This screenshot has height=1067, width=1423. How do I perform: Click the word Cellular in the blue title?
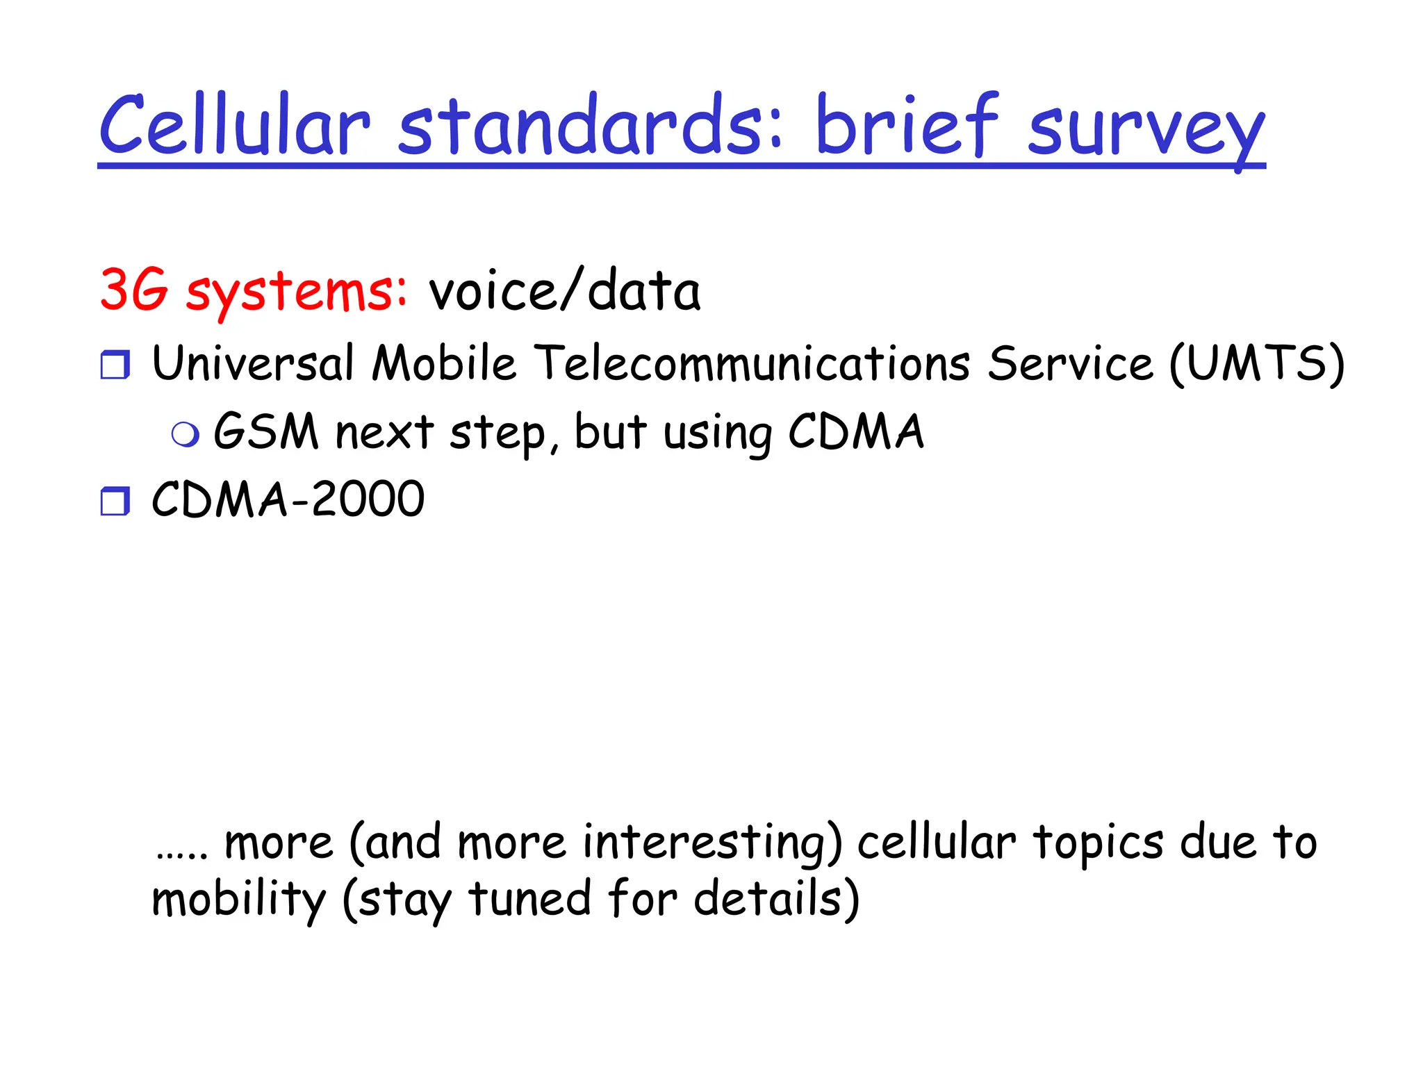point(235,125)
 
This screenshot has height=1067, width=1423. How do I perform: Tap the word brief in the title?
point(907,125)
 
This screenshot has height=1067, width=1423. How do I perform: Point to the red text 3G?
point(134,290)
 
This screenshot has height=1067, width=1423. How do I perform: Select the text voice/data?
point(564,290)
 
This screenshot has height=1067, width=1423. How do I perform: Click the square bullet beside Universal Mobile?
point(115,365)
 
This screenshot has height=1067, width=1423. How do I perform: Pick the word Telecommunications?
point(755,363)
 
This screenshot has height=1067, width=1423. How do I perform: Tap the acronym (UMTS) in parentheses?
point(1257,363)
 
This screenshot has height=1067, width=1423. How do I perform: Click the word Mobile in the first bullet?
point(444,363)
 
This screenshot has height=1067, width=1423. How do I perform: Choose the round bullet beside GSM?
point(186,434)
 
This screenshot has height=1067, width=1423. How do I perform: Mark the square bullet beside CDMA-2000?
point(115,501)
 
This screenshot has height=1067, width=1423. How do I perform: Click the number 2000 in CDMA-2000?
point(368,499)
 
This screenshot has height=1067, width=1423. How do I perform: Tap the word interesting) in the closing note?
point(712,843)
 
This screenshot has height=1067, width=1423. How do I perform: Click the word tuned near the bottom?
point(529,898)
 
